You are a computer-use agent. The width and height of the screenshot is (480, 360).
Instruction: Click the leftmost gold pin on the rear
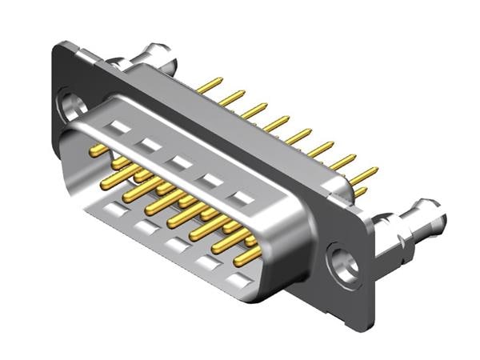tap(210, 84)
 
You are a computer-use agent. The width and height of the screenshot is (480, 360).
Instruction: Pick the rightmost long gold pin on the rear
tap(364, 174)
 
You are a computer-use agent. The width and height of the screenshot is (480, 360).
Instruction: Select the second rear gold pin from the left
tap(232, 98)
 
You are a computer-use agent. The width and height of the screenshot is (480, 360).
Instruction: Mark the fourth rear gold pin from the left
tap(277, 123)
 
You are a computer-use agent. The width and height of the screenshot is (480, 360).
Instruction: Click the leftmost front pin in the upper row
tap(98, 150)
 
